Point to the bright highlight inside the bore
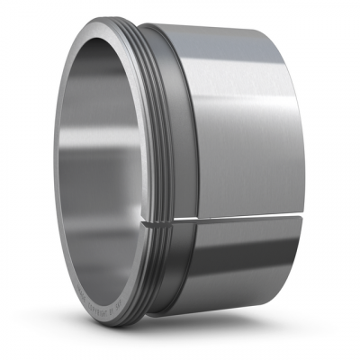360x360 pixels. (x=67, y=180)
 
